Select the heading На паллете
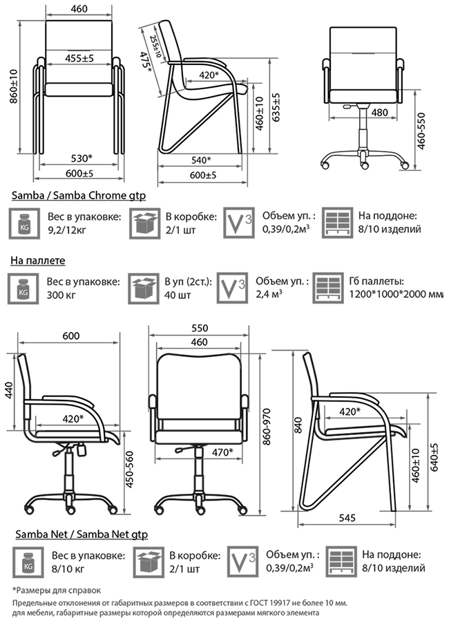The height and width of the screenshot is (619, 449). tap(37, 261)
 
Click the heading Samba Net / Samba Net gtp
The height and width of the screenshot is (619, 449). tap(80, 534)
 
